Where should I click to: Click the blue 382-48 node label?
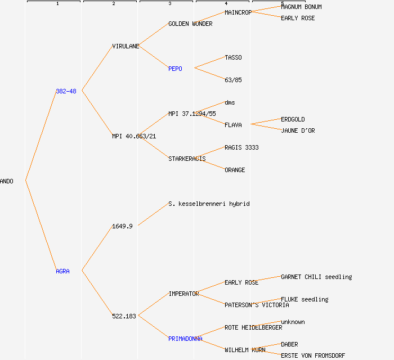coord(66,91)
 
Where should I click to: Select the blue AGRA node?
coord(62,271)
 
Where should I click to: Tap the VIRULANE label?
coord(126,46)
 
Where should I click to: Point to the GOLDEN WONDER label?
coord(190,24)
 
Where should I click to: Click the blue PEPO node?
coord(175,69)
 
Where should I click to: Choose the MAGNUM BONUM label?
coord(301,7)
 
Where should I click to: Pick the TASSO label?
coord(233,57)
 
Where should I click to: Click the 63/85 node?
coord(233,80)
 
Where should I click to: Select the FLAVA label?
coord(233,125)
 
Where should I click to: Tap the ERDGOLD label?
coord(293,119)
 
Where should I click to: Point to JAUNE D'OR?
coord(298,130)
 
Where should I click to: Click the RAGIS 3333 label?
coord(241,147)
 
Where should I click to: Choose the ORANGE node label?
coord(235,170)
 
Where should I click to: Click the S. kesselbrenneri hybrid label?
coord(209,204)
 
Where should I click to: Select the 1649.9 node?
coord(122,226)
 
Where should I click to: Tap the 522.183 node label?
coord(124,316)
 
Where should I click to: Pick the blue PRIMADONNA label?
coord(185,339)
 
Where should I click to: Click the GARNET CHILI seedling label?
coord(316,277)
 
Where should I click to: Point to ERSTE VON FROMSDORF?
coord(313,355)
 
